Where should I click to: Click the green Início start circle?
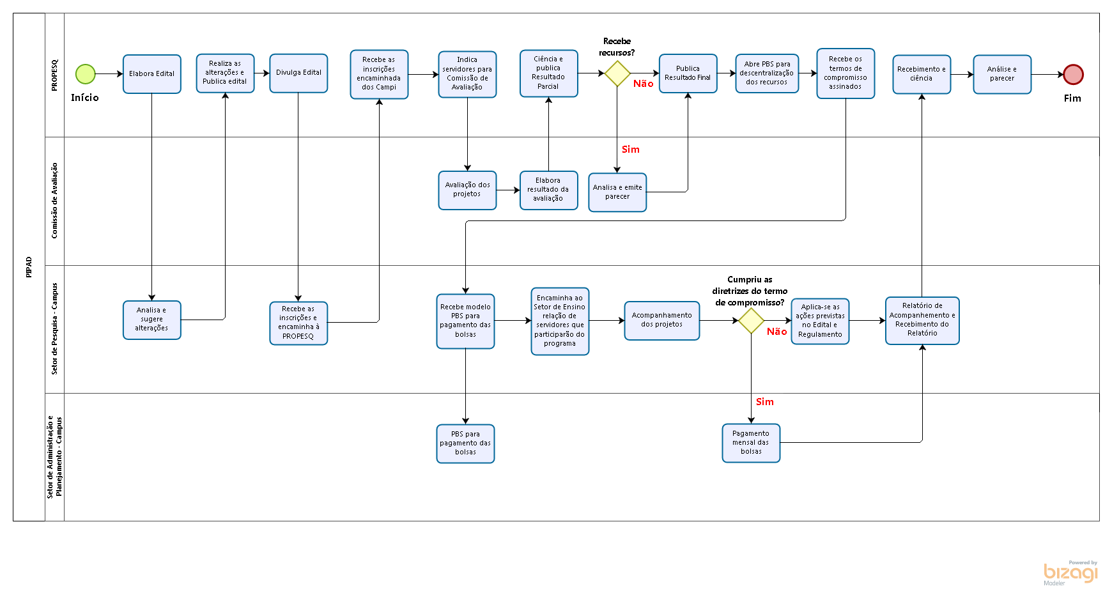click(86, 74)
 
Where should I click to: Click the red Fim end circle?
click(1073, 75)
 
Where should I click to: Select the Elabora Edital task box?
click(152, 74)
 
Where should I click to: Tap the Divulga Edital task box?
click(298, 73)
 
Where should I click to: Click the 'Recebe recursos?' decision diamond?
click(617, 73)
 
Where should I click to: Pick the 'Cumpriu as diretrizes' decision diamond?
click(751, 321)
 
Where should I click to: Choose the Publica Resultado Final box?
click(688, 73)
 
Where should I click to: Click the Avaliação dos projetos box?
click(467, 190)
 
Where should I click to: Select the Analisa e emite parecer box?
click(617, 192)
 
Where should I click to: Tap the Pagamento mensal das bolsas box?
click(751, 443)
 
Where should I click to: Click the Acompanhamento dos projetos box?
click(661, 320)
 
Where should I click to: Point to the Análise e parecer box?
click(1002, 74)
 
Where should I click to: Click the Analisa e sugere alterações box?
click(152, 320)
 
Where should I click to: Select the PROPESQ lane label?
click(54, 75)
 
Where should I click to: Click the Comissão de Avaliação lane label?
click(54, 201)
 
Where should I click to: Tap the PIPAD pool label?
click(29, 267)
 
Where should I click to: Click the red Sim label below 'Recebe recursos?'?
click(630, 150)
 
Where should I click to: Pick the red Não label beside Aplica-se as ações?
click(776, 332)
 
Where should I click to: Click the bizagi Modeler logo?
click(1070, 573)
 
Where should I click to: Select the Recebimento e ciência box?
click(922, 74)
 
